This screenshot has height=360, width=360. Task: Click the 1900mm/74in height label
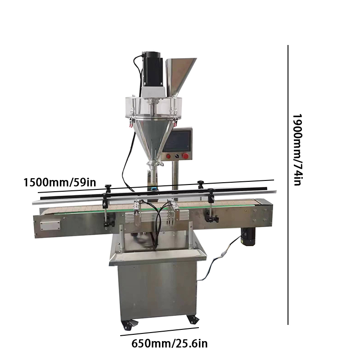click(297, 149)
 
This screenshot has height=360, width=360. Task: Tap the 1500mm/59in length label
click(60, 183)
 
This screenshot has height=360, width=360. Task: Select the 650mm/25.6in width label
click(170, 344)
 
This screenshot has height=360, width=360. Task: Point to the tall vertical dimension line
click(288, 185)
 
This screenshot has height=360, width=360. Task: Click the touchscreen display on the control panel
click(176, 141)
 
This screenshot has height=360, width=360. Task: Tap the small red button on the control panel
click(168, 157)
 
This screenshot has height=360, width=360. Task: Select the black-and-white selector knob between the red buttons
click(177, 156)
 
